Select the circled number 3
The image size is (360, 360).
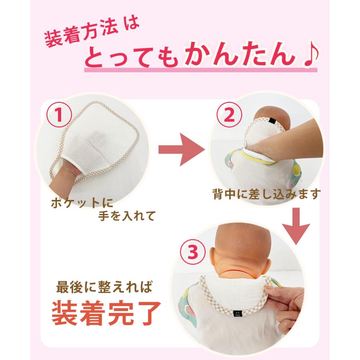193,252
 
